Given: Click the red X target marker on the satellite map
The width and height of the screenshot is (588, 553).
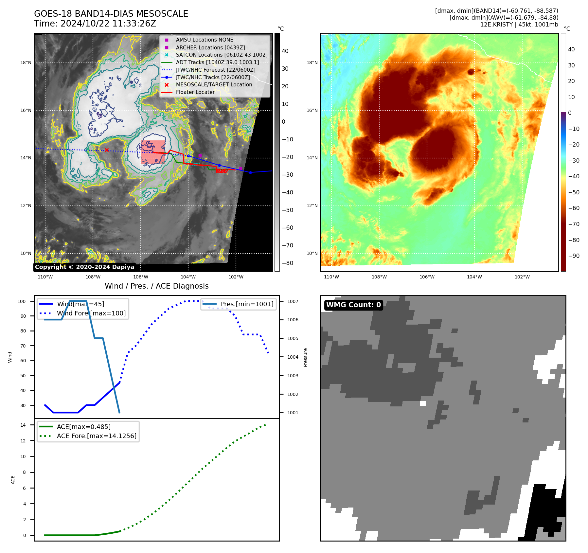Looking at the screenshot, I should tap(107, 150).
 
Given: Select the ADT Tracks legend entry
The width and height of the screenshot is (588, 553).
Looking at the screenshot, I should tap(217, 62).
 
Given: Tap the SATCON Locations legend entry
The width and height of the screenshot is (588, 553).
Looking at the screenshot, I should tap(222, 55).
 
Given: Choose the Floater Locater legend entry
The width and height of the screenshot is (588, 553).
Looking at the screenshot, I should tap(195, 92).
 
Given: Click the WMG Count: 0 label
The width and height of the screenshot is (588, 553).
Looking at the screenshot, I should tap(353, 305).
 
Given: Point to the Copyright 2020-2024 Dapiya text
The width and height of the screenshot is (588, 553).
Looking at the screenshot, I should tap(84, 267).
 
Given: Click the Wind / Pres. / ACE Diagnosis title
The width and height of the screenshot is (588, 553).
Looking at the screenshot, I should tap(156, 286).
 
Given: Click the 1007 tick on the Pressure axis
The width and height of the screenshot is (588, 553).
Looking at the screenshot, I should tap(293, 301).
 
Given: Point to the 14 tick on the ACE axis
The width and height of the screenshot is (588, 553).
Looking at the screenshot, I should tap(23, 425).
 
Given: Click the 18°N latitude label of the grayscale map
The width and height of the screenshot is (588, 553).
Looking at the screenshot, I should tap(26, 62).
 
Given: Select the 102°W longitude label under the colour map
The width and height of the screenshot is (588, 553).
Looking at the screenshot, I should tap(522, 277).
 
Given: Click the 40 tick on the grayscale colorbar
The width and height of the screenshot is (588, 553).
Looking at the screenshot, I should tap(285, 51).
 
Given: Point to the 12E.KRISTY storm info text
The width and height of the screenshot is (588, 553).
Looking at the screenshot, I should tap(519, 25).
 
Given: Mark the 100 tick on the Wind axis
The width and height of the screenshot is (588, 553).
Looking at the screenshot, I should tap(22, 301).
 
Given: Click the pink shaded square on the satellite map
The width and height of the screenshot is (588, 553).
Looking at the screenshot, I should tap(153, 152).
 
